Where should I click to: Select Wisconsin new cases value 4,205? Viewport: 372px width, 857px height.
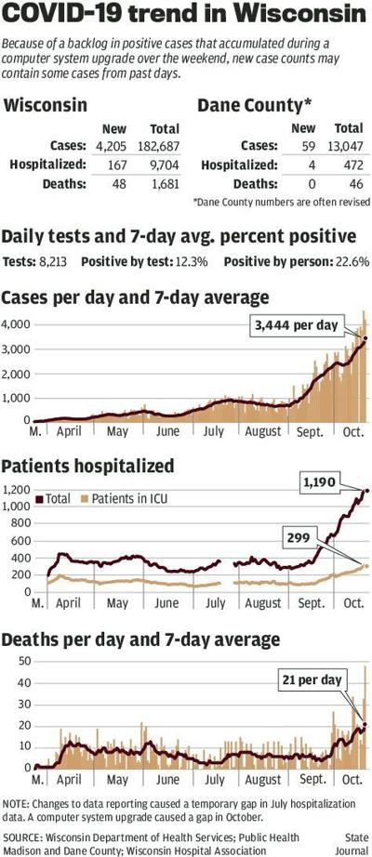(x=105, y=145)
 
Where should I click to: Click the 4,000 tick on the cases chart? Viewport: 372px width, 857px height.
(x=16, y=324)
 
